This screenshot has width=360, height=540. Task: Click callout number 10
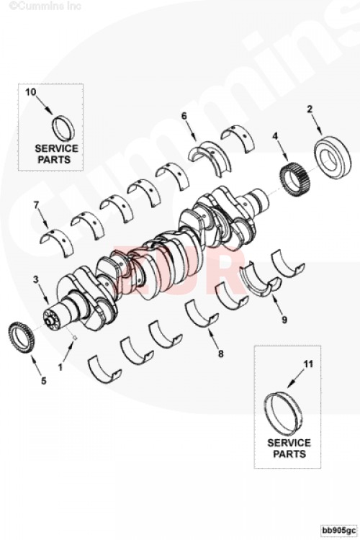tap(30, 92)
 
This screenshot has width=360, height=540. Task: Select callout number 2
tap(310, 109)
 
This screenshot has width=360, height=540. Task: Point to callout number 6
tap(184, 115)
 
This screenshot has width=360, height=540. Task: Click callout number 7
tap(35, 205)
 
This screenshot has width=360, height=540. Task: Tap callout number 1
tap(60, 366)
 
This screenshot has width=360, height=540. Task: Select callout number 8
tap(221, 354)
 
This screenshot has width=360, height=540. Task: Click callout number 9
tap(284, 319)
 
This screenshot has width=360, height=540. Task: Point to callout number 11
tap(307, 365)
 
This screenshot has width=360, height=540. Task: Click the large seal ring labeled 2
tap(333, 156)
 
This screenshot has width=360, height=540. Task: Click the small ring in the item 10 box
tap(63, 128)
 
